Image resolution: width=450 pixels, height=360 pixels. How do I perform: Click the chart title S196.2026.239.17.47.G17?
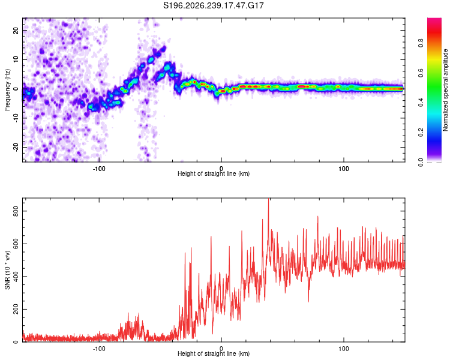pyautogui.click(x=213, y=5)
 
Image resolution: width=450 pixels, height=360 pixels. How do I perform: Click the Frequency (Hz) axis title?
pyautogui.click(x=7, y=90)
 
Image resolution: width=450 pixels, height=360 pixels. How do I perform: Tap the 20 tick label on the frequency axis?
pyautogui.click(x=16, y=30)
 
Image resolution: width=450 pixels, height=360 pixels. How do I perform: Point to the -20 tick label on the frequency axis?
pyautogui.click(x=16, y=147)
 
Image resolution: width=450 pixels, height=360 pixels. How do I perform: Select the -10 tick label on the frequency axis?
pyautogui.click(x=16, y=118)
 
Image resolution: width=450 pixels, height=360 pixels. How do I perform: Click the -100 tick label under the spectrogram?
pyautogui.click(x=99, y=169)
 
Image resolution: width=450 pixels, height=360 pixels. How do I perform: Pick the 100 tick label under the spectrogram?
pyautogui.click(x=344, y=169)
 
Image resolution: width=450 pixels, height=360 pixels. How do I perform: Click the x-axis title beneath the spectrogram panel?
pyautogui.click(x=214, y=173)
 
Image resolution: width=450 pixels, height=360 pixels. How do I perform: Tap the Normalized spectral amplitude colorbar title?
pyautogui.click(x=445, y=90)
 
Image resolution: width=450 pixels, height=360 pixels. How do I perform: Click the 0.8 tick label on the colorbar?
pyautogui.click(x=421, y=43)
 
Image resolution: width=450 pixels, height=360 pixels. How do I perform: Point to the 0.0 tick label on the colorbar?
pyautogui.click(x=421, y=162)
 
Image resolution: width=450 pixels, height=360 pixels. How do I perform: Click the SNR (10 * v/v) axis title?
pyautogui.click(x=7, y=270)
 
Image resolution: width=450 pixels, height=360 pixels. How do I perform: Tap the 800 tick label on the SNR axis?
pyautogui.click(x=16, y=211)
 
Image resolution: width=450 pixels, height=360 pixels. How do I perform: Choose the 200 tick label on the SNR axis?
pyautogui.click(x=16, y=309)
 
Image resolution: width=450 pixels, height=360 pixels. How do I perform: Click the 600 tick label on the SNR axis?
pyautogui.click(x=16, y=244)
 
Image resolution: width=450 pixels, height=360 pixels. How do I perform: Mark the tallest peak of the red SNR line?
pyautogui.click(x=269, y=199)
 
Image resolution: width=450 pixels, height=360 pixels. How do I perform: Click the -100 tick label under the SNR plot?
pyautogui.click(x=99, y=349)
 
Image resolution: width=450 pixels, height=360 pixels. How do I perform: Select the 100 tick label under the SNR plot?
pyautogui.click(x=344, y=349)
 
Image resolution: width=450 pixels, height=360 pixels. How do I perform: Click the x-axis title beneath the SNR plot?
pyautogui.click(x=214, y=353)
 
